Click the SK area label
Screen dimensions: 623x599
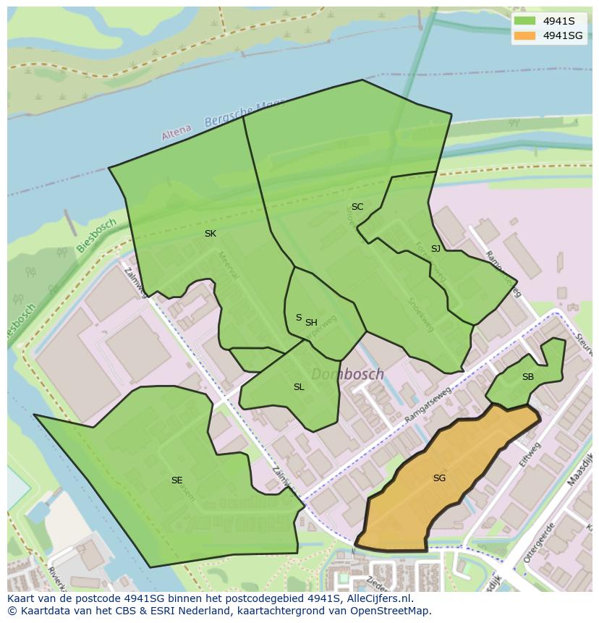[x=211, y=233]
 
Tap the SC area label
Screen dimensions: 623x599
[x=357, y=207]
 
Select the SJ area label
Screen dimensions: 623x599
[x=436, y=249]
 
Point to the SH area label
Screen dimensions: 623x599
[x=311, y=323]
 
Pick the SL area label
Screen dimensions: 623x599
[x=299, y=387]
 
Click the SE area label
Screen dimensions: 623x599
[x=177, y=480]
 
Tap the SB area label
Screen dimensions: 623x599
[x=528, y=377]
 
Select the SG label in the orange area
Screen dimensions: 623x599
[x=439, y=478]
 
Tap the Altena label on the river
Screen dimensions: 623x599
[x=177, y=132]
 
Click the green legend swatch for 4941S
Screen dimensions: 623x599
[x=525, y=21]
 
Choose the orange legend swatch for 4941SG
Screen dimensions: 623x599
[x=525, y=35]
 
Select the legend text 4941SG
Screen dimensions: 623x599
[x=563, y=35]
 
